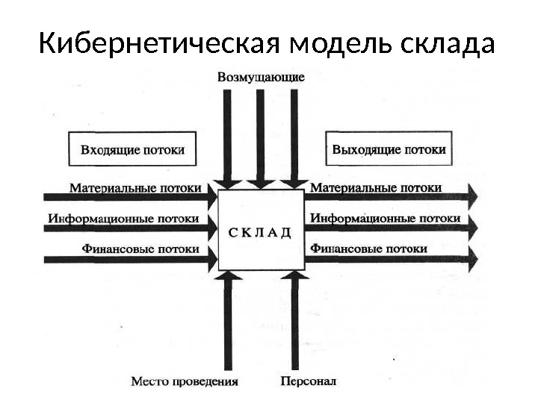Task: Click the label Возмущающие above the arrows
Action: pos(262,76)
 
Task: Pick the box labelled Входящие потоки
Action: pos(132,149)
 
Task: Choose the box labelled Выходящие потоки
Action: pos(389,149)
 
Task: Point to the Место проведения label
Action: pos(185,381)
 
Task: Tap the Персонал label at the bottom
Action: pos(309,381)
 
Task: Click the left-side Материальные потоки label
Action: pos(135,188)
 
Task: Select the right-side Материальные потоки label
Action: pos(375,188)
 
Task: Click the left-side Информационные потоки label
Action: pos(124,219)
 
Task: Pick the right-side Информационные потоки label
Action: pos(385,219)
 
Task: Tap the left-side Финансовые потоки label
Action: pos(140,249)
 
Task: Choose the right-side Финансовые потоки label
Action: pos(368,249)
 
